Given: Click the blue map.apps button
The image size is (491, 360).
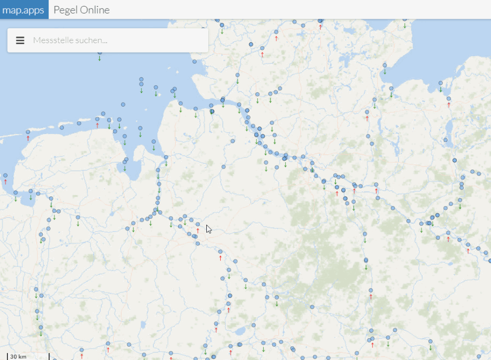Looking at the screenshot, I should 24,10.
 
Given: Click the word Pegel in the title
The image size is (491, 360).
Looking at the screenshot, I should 64,10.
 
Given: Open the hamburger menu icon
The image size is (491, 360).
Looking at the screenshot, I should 20,40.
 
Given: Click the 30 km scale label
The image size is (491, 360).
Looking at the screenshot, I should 18,357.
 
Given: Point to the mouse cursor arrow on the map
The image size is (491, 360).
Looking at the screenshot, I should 208,229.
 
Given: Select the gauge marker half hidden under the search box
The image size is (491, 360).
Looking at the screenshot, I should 100,52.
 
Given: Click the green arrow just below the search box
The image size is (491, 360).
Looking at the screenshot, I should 100,59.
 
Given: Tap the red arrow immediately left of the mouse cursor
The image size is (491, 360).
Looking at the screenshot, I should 198,231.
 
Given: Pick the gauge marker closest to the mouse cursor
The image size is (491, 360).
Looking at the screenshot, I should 198,224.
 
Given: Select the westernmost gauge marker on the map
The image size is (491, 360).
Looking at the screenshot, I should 5,175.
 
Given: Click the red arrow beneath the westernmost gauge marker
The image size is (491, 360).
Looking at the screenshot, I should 5,181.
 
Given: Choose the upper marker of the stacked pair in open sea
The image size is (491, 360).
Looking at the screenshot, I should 141,79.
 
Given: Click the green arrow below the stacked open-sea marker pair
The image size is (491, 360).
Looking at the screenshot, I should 141,91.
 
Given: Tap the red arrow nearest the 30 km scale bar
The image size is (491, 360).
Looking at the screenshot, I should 82,356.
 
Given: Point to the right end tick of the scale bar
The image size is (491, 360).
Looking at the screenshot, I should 49,356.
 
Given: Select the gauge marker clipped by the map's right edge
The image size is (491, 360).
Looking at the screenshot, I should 490,260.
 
